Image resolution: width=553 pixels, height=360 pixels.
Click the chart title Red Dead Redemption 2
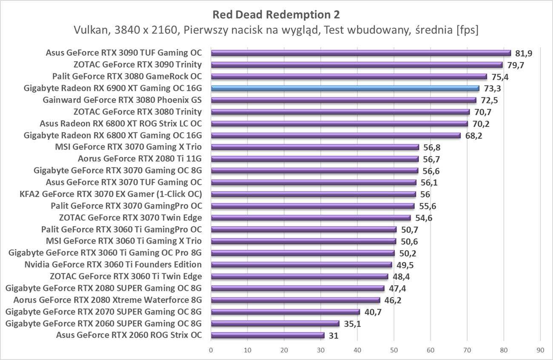(x=276, y=15)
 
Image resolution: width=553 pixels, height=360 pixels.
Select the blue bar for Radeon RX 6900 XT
(x=345, y=88)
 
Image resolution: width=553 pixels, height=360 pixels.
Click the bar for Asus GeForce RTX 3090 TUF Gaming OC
(x=361, y=53)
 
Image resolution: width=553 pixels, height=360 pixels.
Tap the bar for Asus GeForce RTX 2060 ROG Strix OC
(x=268, y=335)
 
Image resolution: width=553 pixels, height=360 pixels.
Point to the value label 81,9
(x=524, y=53)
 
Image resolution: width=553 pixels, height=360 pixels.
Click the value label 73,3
(x=492, y=88)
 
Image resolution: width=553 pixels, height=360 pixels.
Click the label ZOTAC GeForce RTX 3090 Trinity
(x=137, y=65)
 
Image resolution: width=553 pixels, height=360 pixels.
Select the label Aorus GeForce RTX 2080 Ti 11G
(x=140, y=159)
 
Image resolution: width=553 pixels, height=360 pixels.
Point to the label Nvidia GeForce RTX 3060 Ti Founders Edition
(x=113, y=264)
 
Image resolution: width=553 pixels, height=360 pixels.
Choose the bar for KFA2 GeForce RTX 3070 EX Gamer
(x=313, y=194)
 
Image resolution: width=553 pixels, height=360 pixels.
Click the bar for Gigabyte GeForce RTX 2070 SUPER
(x=285, y=312)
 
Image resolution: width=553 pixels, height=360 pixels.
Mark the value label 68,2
(x=473, y=136)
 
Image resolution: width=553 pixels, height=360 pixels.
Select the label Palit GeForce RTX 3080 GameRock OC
(x=127, y=77)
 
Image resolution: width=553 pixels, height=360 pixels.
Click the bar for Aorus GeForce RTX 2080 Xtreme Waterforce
(x=295, y=300)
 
